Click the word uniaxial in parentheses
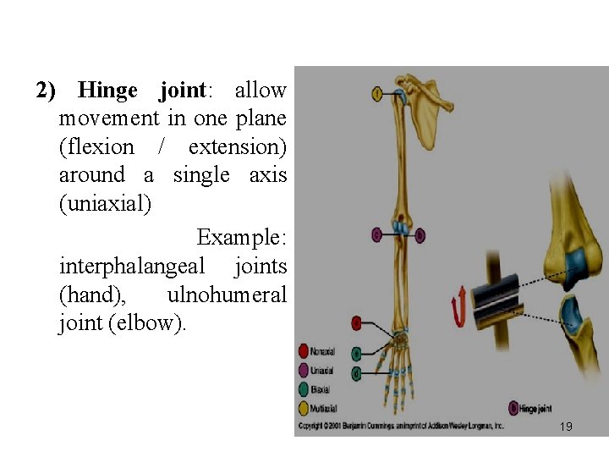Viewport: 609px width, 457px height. tap(104, 204)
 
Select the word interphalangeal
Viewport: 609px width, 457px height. tap(132, 267)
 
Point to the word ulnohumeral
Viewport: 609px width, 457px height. tap(227, 295)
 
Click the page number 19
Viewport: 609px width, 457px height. tap(566, 427)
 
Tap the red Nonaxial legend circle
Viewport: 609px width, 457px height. tap(304, 351)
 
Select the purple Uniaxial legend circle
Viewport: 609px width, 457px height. tap(304, 370)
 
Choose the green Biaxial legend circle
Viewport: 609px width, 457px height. tap(304, 389)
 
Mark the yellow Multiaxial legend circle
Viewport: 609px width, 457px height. tap(304, 408)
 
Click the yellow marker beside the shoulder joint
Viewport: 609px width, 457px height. tap(376, 92)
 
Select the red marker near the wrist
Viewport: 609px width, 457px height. tap(357, 323)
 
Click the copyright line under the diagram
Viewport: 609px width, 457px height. tap(402, 426)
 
